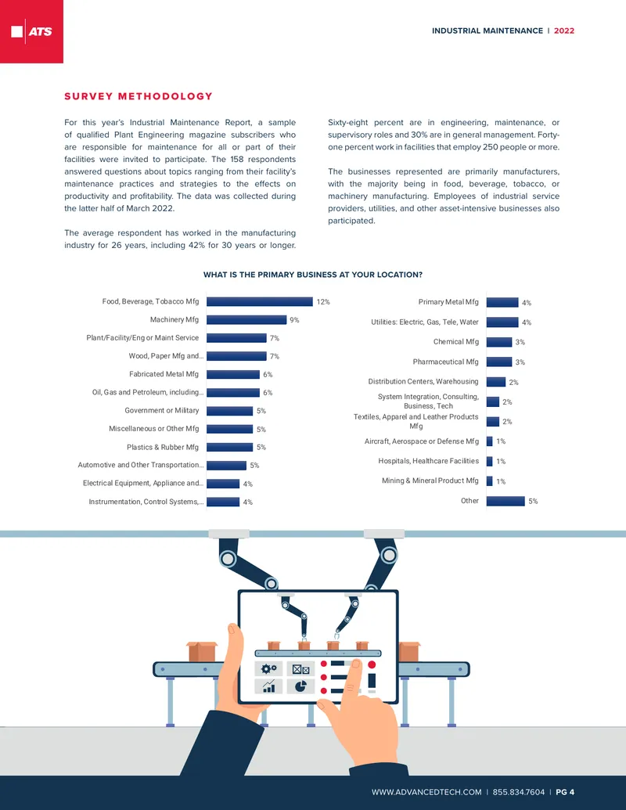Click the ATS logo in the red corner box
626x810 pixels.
pyautogui.click(x=31, y=31)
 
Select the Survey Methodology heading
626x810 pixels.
pyautogui.click(x=139, y=96)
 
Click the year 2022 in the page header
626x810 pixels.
pyautogui.click(x=564, y=31)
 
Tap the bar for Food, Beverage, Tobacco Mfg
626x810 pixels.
pyautogui.click(x=260, y=301)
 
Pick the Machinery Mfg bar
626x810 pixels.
pyautogui.click(x=246, y=320)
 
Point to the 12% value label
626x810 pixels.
pyautogui.click(x=323, y=301)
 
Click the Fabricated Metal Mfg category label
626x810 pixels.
pyautogui.click(x=164, y=374)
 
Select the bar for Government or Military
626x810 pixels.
pyautogui.click(x=230, y=411)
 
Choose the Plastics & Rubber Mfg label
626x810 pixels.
pyautogui.click(x=163, y=447)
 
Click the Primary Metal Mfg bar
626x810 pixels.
pyautogui.click(x=502, y=302)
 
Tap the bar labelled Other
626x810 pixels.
pyautogui.click(x=505, y=501)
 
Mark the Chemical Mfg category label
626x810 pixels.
pyautogui.click(x=456, y=341)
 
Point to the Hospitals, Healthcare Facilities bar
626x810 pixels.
pyautogui.click(x=490, y=461)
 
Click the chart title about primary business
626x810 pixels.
pyautogui.click(x=313, y=275)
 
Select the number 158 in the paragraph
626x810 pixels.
pyautogui.click(x=237, y=159)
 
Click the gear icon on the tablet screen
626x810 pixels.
pyautogui.click(x=268, y=669)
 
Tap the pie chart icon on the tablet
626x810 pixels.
pyautogui.click(x=300, y=686)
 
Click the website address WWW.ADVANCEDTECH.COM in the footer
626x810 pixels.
pyautogui.click(x=426, y=792)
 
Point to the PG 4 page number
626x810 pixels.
pyautogui.click(x=565, y=792)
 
